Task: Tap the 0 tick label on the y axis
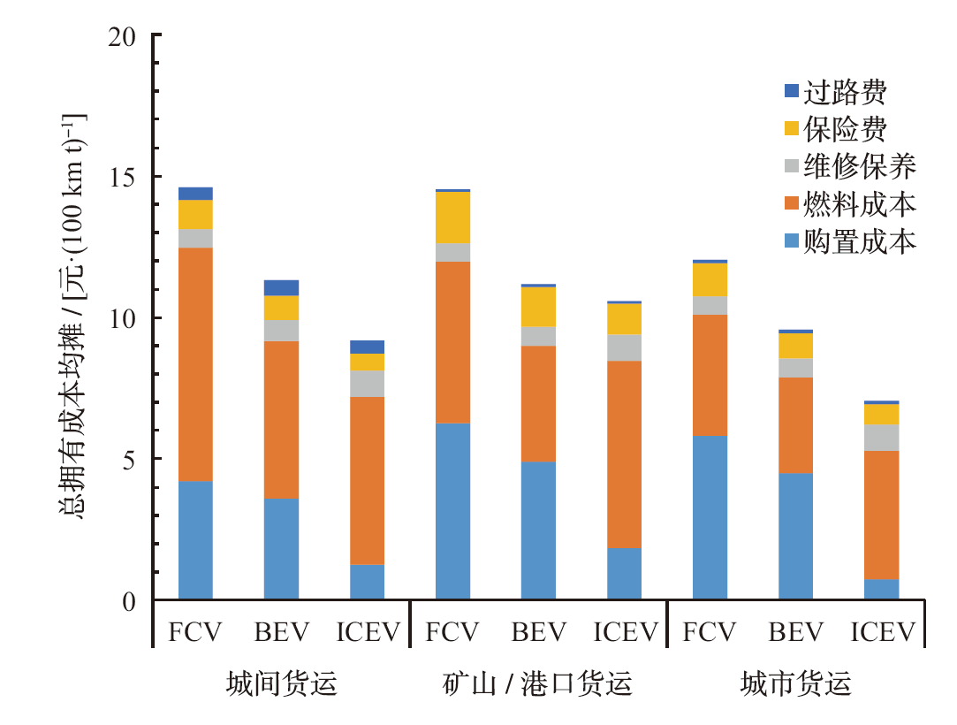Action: (x=130, y=601)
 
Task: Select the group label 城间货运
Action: (x=281, y=683)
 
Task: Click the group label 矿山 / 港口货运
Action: (x=537, y=683)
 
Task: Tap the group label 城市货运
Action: (x=795, y=683)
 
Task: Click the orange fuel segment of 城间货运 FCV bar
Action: (x=195, y=364)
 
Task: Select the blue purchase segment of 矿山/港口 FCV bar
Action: (x=452, y=511)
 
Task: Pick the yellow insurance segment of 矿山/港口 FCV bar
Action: (x=452, y=217)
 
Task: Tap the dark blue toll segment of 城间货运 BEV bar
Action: (x=281, y=287)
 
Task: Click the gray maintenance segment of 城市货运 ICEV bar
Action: (x=881, y=438)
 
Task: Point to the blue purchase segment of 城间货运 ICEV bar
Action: (x=367, y=582)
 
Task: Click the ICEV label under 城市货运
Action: (x=883, y=632)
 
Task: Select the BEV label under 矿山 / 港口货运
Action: (x=538, y=632)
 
